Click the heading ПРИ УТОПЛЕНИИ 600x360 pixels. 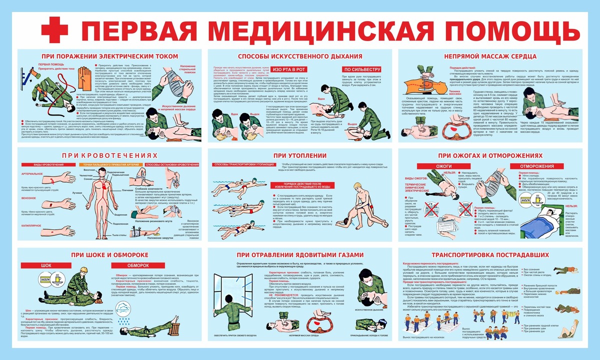click(x=300, y=155)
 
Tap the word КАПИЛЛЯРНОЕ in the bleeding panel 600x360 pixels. click(x=32, y=225)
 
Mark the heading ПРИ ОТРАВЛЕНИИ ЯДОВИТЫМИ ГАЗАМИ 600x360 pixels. click(x=300, y=255)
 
